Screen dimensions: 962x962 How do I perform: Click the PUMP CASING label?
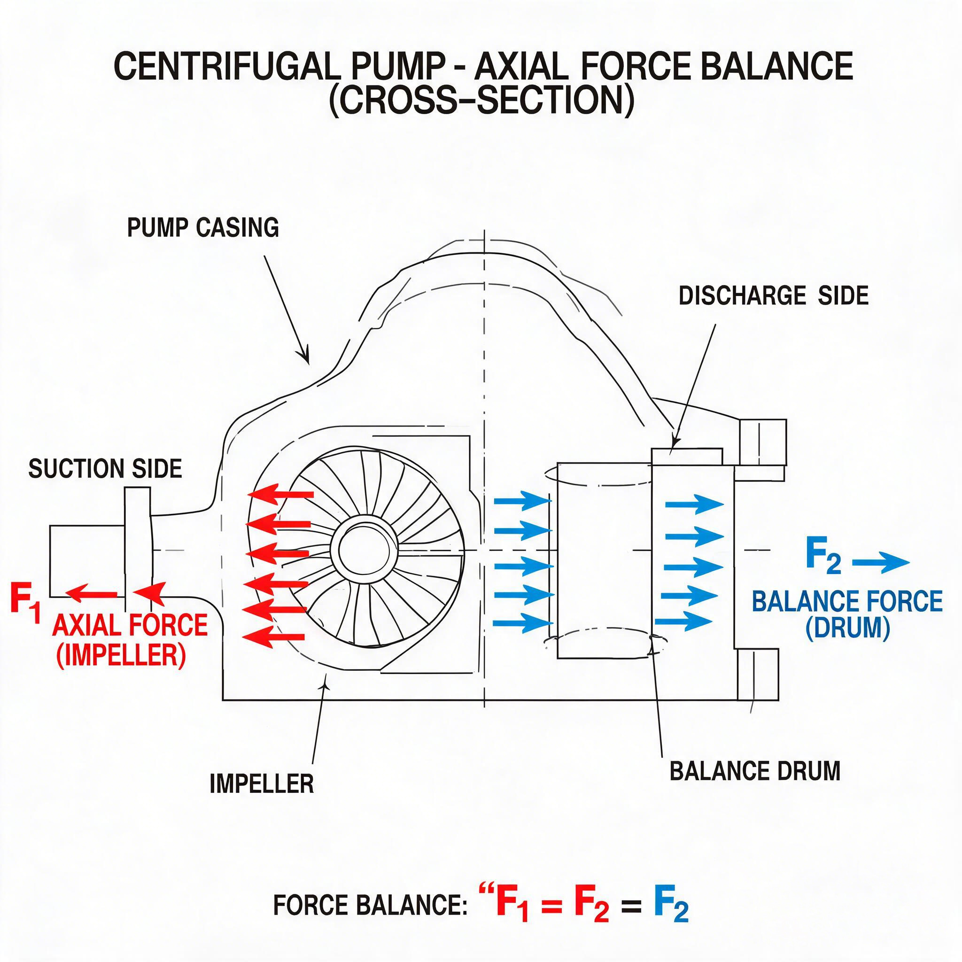pos(203,227)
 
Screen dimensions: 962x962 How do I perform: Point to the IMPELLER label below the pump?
pos(262,784)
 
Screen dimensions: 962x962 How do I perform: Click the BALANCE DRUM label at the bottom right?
pos(755,771)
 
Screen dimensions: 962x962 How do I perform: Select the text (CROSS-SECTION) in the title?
pos(481,101)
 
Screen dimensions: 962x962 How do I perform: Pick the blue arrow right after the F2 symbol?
pos(881,563)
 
